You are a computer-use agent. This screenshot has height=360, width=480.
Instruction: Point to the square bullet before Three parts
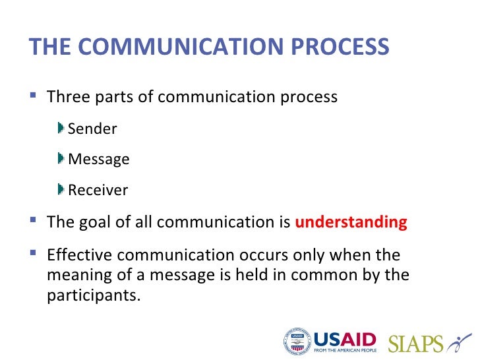(x=34, y=96)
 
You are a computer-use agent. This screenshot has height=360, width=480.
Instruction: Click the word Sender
(x=92, y=129)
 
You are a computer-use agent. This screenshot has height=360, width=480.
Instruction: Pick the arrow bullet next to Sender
(x=61, y=127)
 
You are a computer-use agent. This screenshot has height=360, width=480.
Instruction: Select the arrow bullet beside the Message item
(x=61, y=158)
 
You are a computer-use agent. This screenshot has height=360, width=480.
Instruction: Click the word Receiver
(x=98, y=191)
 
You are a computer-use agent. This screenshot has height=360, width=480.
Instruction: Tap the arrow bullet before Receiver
(x=61, y=189)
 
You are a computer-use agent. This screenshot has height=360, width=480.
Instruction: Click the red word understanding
(x=351, y=222)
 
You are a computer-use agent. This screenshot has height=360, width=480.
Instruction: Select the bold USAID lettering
(x=344, y=340)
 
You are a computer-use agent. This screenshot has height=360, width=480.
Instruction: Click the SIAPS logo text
(x=416, y=343)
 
